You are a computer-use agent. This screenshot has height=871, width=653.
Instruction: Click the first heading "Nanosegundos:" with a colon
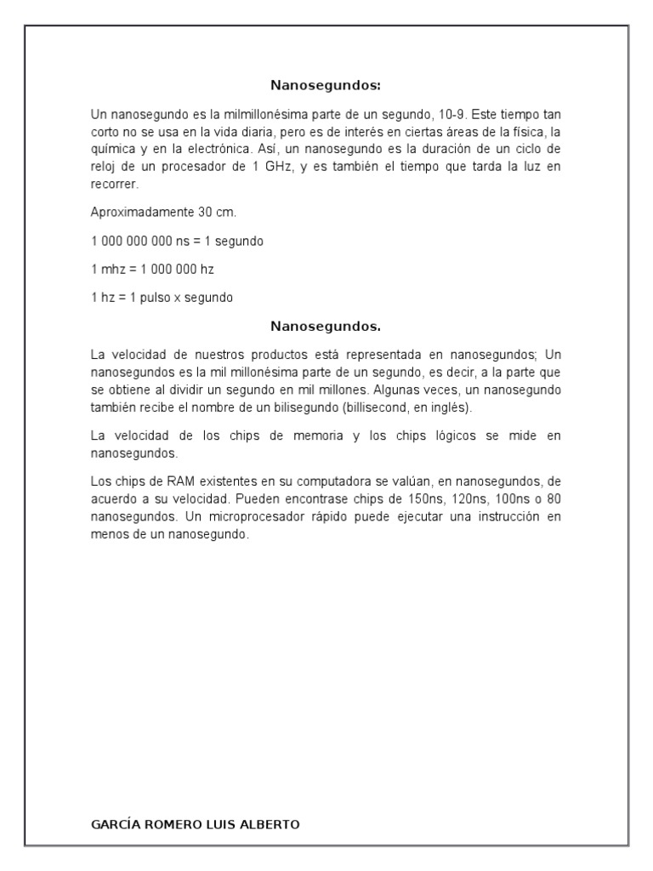click(326, 85)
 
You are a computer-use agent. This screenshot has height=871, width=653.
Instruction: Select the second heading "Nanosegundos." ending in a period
click(326, 326)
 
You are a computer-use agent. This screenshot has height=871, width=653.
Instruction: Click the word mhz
click(111, 270)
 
